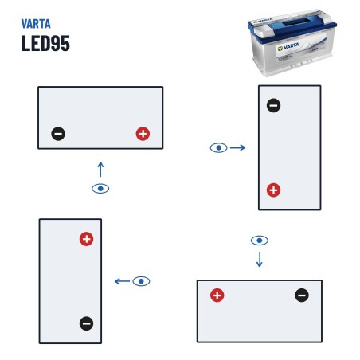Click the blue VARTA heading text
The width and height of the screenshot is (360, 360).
point(36,24)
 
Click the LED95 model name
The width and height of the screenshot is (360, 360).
point(45,43)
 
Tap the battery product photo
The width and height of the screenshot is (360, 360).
point(292,42)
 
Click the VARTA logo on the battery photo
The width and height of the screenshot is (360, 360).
point(288,47)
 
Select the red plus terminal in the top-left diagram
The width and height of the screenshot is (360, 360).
point(143,134)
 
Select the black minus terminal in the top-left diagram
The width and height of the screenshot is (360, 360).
point(58,134)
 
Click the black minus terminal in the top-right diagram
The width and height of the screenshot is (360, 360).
point(273,105)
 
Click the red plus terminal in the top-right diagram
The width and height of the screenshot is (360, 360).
point(273,190)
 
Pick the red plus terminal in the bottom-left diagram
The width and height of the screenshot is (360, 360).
point(86,239)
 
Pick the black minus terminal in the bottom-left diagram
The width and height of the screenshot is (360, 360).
point(86,323)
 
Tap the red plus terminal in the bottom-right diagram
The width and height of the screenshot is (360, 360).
point(217,295)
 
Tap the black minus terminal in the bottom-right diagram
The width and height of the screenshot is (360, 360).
point(302,295)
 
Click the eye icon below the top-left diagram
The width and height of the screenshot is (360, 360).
point(100,189)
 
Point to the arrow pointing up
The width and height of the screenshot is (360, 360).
point(100,170)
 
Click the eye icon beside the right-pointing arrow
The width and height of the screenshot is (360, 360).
point(219,147)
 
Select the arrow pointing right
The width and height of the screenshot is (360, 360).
point(238,147)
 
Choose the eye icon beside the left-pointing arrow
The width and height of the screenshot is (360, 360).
point(141,281)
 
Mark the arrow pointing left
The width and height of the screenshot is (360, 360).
point(122,281)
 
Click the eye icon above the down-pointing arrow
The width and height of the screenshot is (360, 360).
point(260,241)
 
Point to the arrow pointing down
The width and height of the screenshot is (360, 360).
point(260,260)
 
